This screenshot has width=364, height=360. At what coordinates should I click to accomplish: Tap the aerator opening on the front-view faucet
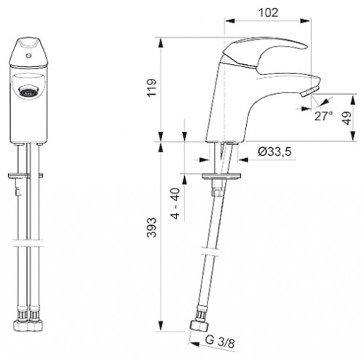tap(28, 92)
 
